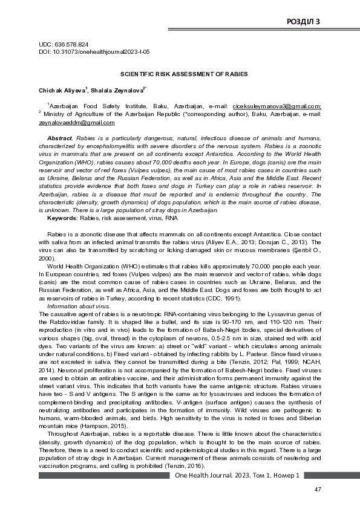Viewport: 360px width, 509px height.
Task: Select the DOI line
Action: [x=90, y=53]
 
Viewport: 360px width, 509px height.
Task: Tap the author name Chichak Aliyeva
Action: [x=61, y=91]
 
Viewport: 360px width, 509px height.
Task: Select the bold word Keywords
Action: [x=62, y=217]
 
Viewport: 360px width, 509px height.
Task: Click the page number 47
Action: [x=317, y=488]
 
